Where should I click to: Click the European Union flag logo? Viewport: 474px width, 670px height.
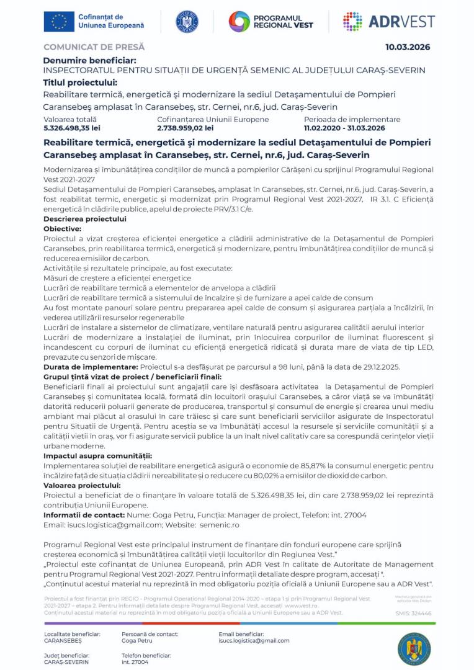click(x=59, y=21)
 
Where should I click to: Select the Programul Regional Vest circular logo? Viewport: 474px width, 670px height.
click(x=239, y=22)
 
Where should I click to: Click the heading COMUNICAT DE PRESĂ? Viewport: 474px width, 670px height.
click(x=94, y=47)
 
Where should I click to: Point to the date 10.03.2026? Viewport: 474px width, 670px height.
click(x=407, y=47)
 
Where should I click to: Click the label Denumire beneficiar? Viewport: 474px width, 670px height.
click(x=89, y=60)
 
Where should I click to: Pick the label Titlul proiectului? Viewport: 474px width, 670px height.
click(x=80, y=83)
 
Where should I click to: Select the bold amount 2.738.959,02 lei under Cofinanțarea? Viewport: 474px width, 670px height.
click(x=186, y=128)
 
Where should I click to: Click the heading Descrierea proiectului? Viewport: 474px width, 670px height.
click(x=85, y=219)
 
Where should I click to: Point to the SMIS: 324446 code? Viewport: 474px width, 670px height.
click(x=413, y=613)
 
